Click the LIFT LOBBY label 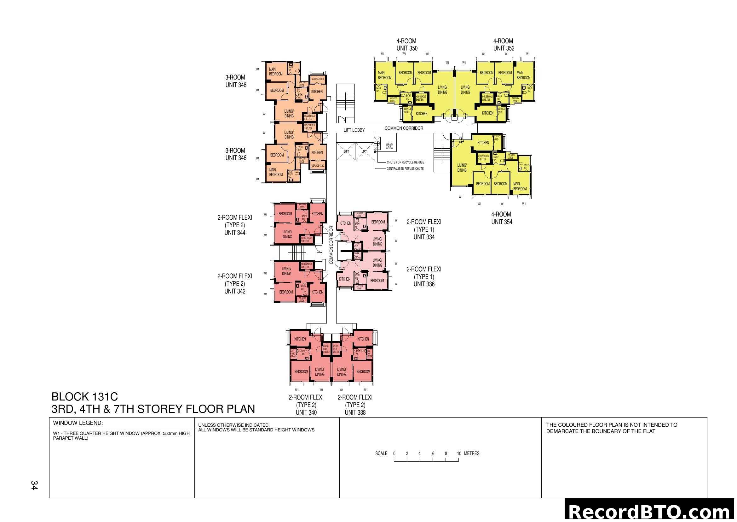click(354, 130)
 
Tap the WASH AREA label click(389, 146)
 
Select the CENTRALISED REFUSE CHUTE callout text click(405, 169)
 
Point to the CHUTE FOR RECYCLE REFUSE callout click(405, 162)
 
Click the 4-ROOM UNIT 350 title click(407, 45)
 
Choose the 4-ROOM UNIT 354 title click(501, 218)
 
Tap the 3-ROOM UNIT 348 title click(236, 81)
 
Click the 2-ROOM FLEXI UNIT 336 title click(424, 276)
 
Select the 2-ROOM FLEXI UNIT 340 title click(306, 405)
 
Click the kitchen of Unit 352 click(487, 113)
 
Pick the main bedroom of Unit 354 click(519, 187)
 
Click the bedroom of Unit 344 click(285, 214)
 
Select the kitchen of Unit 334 click(345, 223)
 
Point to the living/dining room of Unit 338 click(342, 372)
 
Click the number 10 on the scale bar click(459, 454)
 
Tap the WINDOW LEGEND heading click(78, 423)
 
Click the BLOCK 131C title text click(85, 396)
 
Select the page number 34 click(34, 485)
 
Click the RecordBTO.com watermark click(650, 512)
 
